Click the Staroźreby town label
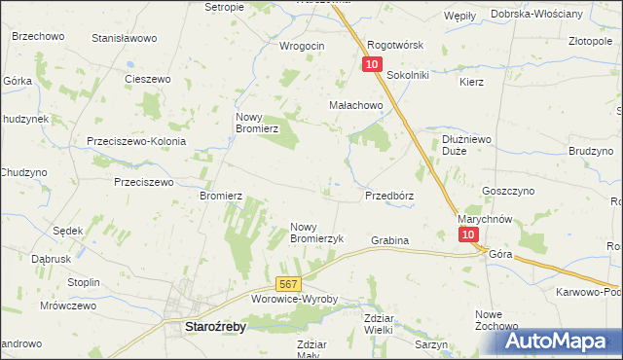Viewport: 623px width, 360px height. [215, 328]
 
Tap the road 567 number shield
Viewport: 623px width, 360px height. [286, 283]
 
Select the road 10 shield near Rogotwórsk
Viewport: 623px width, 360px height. [372, 64]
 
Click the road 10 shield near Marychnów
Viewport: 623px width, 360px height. [469, 235]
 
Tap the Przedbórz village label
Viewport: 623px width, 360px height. [389, 196]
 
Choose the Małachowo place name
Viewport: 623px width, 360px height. [355, 106]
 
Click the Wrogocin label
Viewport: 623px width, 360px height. [302, 46]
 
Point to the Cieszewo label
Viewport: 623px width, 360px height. [148, 79]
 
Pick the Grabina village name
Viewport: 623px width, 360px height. [389, 239]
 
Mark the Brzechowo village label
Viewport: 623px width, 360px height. [38, 36]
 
